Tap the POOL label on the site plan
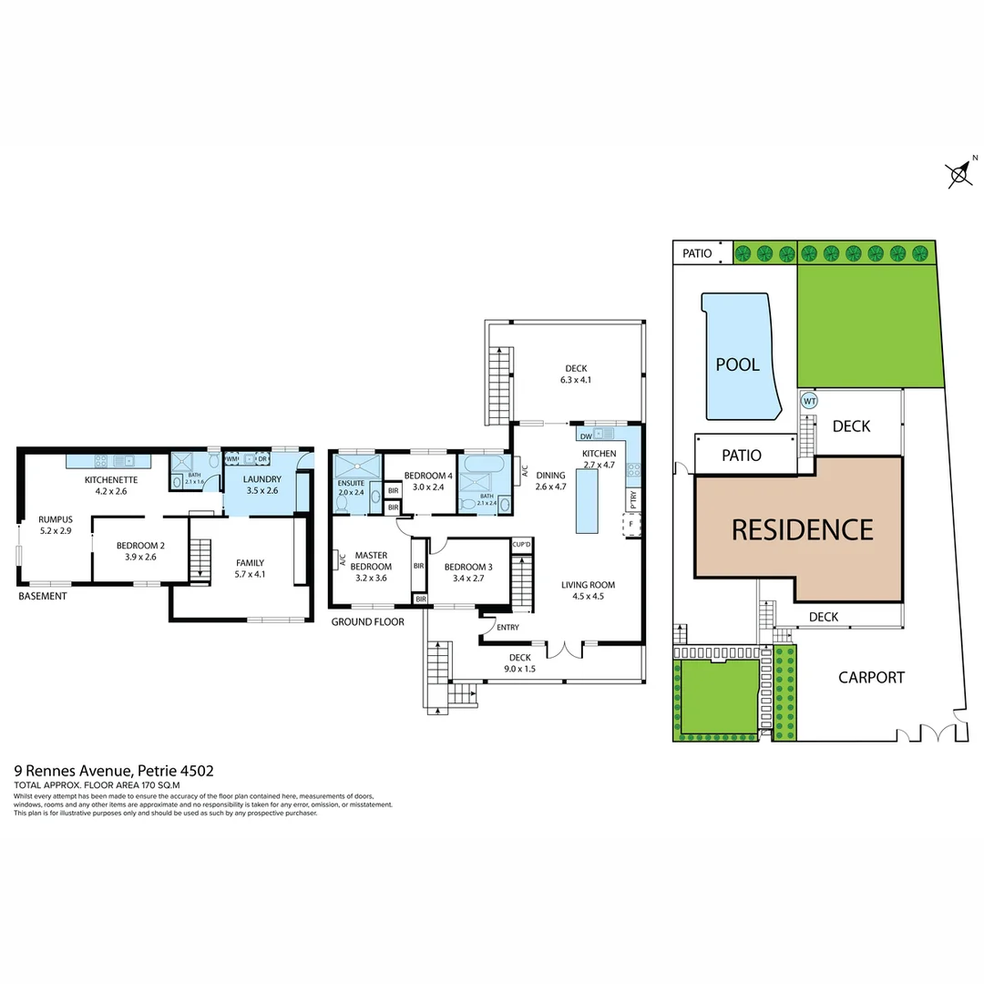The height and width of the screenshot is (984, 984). (737, 364)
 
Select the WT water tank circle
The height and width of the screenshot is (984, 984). (808, 400)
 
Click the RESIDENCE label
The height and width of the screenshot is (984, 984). (803, 529)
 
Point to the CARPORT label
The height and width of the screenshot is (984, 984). (871, 677)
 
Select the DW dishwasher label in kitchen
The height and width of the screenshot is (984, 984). (584, 436)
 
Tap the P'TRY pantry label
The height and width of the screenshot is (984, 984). (631, 501)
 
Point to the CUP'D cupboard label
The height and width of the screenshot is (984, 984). (522, 545)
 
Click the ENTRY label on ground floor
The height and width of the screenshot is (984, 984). (507, 627)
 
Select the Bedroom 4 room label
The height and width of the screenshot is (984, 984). (425, 476)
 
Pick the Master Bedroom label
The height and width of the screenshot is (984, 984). (373, 560)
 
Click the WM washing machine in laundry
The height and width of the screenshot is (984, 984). (231, 459)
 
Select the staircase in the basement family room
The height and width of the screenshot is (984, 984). (200, 561)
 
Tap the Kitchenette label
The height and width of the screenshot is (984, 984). (110, 479)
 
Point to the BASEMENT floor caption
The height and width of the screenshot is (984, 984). (42, 597)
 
